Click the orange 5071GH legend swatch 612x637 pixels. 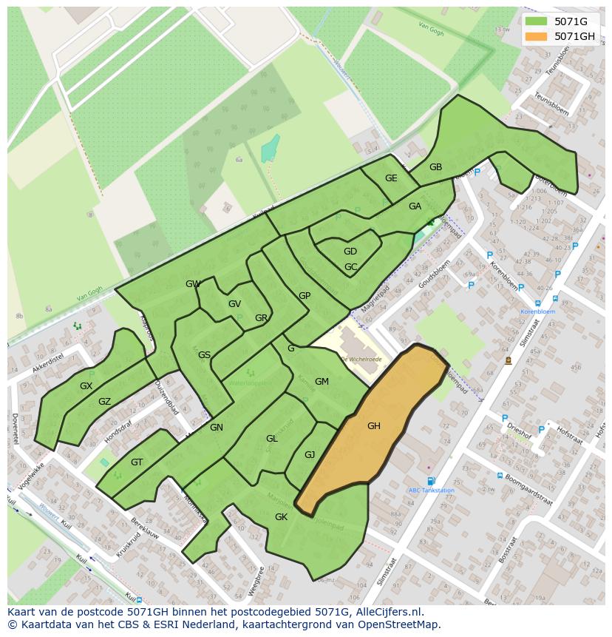point(537,36)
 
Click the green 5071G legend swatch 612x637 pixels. point(537,21)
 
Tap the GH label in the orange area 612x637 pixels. point(373,425)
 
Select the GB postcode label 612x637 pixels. point(435,167)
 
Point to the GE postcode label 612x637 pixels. point(391,178)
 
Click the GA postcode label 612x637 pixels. point(415,206)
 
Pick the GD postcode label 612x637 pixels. point(350,252)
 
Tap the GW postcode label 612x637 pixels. point(193,284)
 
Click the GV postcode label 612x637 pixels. point(234,304)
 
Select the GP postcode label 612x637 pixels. point(305,296)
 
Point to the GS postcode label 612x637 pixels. point(204,355)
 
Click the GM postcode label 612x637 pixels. point(322,382)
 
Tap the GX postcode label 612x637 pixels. point(86,386)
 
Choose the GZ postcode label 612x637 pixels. point(104,402)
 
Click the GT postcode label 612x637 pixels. point(137,462)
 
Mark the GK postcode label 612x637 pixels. point(281,517)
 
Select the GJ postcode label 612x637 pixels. point(310,455)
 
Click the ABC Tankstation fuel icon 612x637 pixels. point(431,481)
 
